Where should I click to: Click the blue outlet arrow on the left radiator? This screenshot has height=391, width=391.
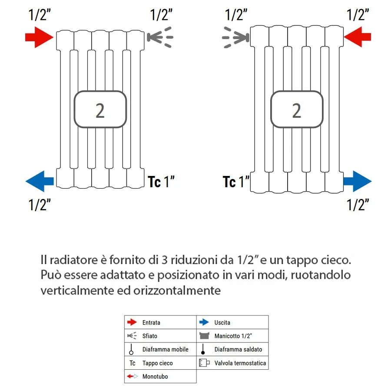(x=40, y=181)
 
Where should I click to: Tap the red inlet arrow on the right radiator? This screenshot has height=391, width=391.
(x=357, y=36)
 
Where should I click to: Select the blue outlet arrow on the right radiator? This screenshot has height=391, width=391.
(x=357, y=181)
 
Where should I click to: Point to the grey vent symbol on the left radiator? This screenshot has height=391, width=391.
(x=160, y=37)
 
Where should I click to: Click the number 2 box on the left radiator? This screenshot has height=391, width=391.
(x=100, y=110)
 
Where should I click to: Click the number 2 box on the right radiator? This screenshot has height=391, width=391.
(x=297, y=110)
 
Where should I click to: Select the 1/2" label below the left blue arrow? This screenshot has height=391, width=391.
(x=40, y=204)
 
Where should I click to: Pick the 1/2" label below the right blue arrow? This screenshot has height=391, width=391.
(x=358, y=204)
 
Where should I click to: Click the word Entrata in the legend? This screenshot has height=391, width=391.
(x=151, y=322)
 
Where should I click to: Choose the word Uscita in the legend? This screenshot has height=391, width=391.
(x=222, y=322)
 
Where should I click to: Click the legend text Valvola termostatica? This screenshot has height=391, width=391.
(x=240, y=363)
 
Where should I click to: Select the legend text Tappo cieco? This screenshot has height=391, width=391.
(x=157, y=363)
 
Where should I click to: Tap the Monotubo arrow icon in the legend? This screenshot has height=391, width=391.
(x=132, y=376)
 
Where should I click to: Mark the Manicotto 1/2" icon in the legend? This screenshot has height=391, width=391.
(x=204, y=336)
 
